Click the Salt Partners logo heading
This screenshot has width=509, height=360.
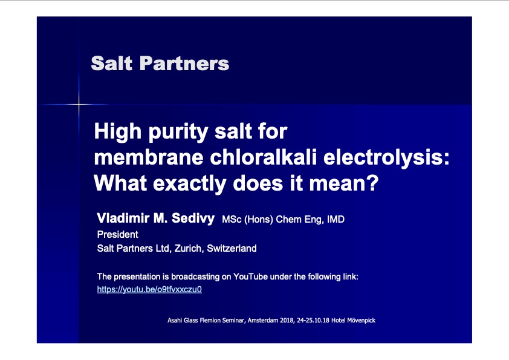click(160, 64)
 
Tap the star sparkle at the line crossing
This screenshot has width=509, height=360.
click(79, 104)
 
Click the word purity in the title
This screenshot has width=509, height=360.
click(178, 133)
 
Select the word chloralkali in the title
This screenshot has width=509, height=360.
click(263, 157)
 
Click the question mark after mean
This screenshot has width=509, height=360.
click(374, 183)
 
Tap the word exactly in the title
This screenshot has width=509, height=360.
click(190, 184)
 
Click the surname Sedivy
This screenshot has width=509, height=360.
click(193, 218)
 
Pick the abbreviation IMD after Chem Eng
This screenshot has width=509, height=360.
click(336, 219)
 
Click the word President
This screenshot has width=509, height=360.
click(117, 234)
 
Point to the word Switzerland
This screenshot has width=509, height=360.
click(232, 249)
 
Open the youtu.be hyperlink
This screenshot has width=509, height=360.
click(149, 289)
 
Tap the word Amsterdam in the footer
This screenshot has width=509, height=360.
click(263, 320)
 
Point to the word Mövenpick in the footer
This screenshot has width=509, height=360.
click(361, 320)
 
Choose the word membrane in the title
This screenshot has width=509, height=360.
click(149, 157)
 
